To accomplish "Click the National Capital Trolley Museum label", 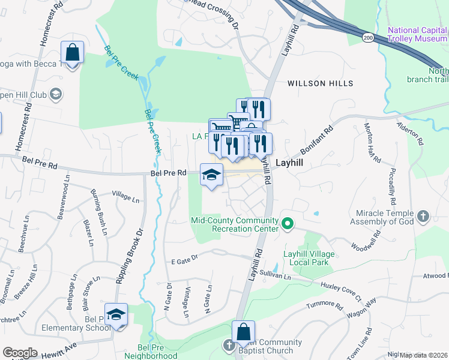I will click(417, 34).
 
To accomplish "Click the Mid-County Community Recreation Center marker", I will click(288, 224).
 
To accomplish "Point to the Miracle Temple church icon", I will click(423, 216).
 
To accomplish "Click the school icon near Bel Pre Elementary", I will click(116, 315).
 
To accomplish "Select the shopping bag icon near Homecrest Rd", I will click(72, 52).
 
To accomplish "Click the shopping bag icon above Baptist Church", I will click(244, 332).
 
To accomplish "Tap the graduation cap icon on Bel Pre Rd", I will click(211, 175).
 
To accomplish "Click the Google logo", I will click(20, 353).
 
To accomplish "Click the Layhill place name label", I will click(291, 163).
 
